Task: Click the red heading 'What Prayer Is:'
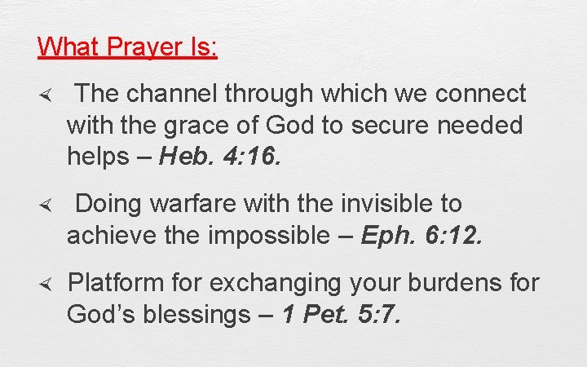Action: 127,46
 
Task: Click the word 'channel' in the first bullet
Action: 173,95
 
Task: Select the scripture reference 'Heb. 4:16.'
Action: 220,157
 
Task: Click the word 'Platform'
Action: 118,282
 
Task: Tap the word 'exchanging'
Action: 276,283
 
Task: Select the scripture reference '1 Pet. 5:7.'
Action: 340,314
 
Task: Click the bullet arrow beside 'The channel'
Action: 46,95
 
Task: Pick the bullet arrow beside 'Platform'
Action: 46,283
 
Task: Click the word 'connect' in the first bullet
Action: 480,95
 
